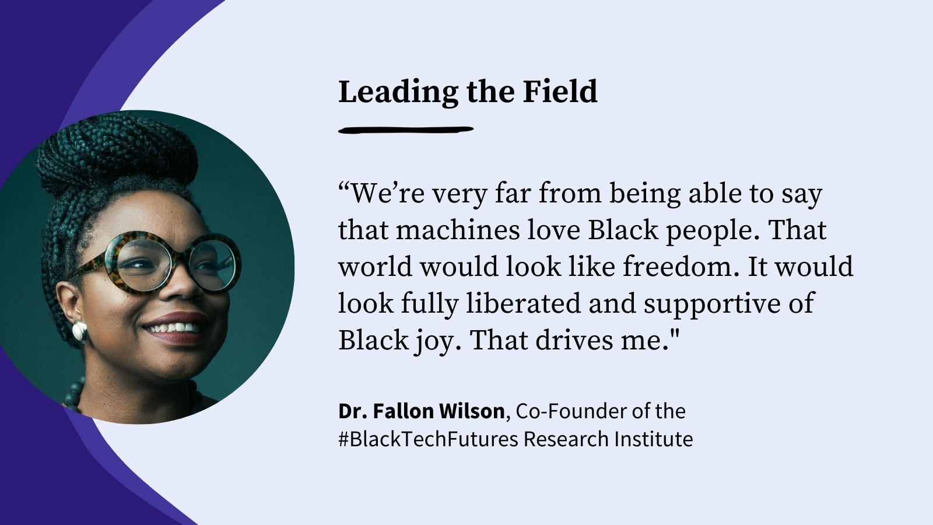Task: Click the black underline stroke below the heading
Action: pyautogui.click(x=405, y=129)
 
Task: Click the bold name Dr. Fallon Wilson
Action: pyautogui.click(x=421, y=411)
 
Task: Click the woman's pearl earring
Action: pyautogui.click(x=79, y=331)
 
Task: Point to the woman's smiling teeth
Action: pyautogui.click(x=175, y=327)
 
